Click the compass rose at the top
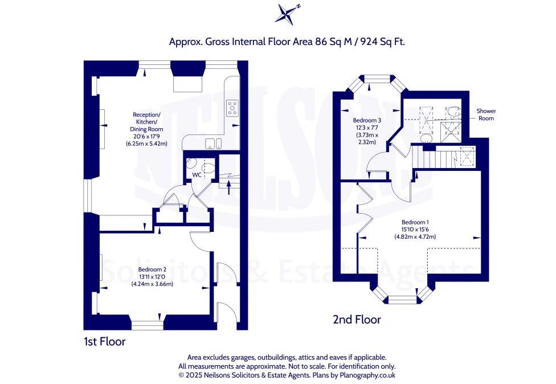coord(287,14)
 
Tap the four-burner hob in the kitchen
coord(233,107)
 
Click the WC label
coord(195,174)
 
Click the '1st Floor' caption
coord(104,342)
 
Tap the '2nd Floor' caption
coord(357,320)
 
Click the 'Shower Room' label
coord(486,115)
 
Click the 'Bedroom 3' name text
coord(367,120)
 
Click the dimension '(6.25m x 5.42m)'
coord(147,144)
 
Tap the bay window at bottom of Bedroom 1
coord(402,297)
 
